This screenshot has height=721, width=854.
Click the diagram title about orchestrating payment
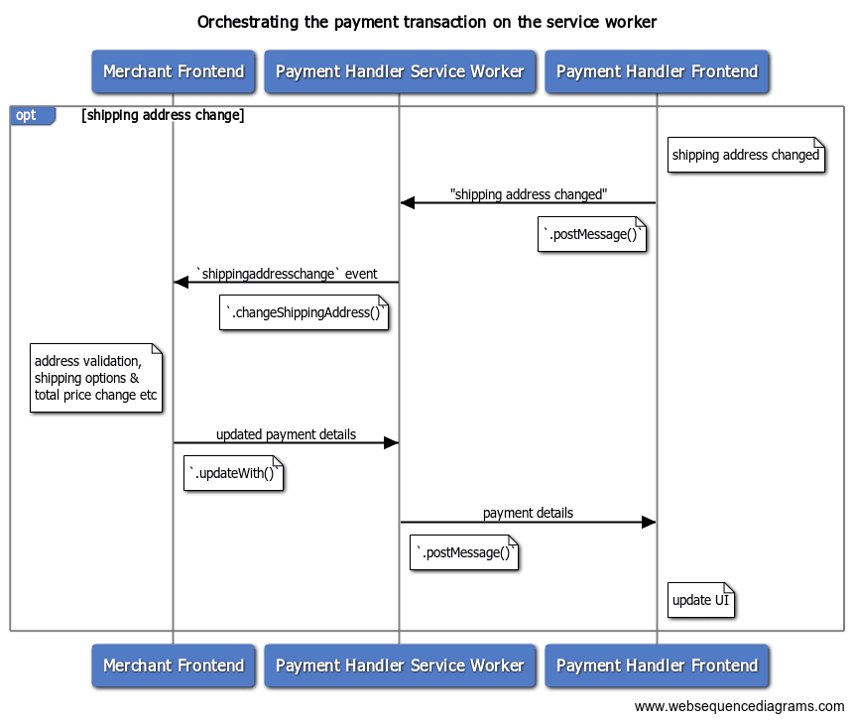click(x=427, y=22)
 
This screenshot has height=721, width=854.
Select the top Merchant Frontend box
click(x=174, y=71)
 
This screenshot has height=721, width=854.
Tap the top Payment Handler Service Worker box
click(x=400, y=71)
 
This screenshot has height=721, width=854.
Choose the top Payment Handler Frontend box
click(x=657, y=71)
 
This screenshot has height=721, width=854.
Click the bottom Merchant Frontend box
click(x=174, y=665)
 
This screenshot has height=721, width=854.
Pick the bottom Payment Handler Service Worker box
click(x=400, y=665)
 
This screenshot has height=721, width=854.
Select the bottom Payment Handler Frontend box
click(x=657, y=665)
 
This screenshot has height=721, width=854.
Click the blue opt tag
click(x=29, y=115)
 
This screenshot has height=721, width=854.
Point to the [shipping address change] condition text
click(x=163, y=115)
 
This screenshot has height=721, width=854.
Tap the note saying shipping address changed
click(x=746, y=155)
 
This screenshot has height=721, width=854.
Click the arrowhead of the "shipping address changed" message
click(x=407, y=203)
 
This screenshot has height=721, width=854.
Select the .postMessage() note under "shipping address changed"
click(x=592, y=234)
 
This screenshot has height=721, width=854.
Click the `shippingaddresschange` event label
click(x=287, y=274)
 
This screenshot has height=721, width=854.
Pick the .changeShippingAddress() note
click(x=304, y=313)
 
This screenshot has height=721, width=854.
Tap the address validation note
click(x=95, y=378)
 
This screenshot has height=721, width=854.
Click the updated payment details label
click(x=286, y=434)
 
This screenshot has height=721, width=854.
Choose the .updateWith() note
click(x=234, y=473)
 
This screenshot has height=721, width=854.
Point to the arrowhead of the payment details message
click(x=650, y=523)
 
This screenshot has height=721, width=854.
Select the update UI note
click(x=700, y=600)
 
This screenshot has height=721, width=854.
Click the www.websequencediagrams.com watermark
click(x=740, y=706)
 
